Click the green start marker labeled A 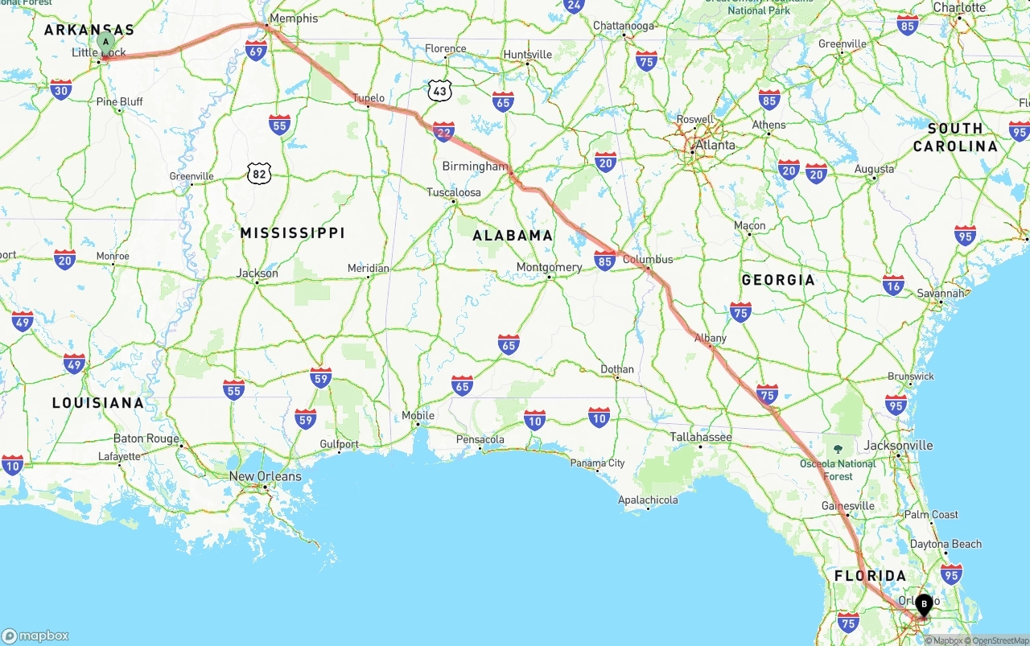(105, 42)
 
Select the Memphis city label (294, 18)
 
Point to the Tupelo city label (369, 98)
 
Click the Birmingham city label (475, 167)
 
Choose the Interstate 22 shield (443, 131)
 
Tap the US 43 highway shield (439, 90)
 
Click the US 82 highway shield (259, 173)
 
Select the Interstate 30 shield (61, 89)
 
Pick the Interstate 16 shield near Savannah (893, 285)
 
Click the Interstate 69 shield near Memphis (257, 51)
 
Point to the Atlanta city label (715, 145)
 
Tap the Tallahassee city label (701, 437)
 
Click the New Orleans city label (265, 476)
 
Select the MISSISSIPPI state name (293, 232)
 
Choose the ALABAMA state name (513, 235)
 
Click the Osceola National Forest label (838, 469)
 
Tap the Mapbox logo (35, 636)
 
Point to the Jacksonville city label (898, 445)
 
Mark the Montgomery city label (549, 267)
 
